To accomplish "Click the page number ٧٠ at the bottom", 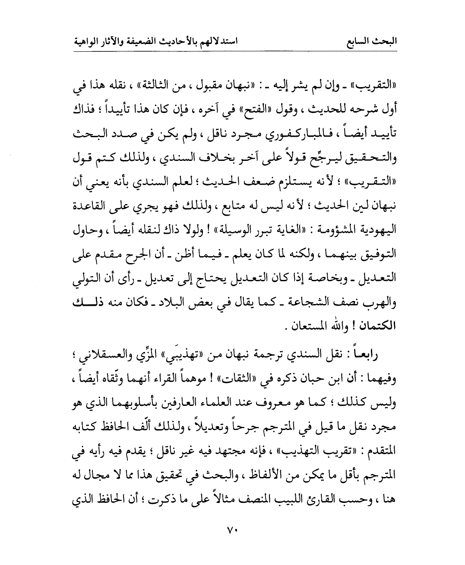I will click(x=232, y=529).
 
